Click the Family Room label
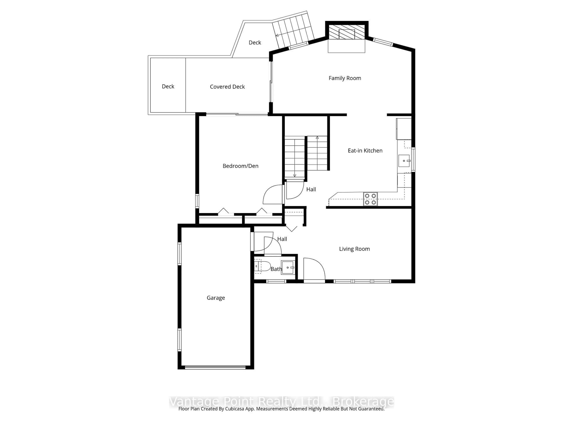click(345, 78)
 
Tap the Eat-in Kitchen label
click(365, 151)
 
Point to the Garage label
click(216, 298)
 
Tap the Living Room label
click(354, 249)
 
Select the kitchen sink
click(404, 161)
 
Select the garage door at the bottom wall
click(215, 367)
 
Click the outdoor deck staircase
click(294, 31)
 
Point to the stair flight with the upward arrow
click(317, 153)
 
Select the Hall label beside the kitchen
click(311, 189)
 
